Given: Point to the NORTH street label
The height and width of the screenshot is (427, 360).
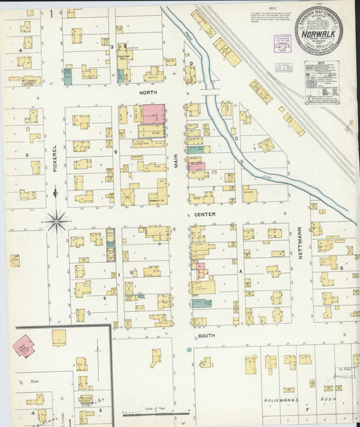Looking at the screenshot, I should pyautogui.click(x=149, y=94).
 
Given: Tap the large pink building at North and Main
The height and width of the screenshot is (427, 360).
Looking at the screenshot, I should pyautogui.click(x=153, y=114).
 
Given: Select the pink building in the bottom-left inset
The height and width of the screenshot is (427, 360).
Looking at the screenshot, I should pyautogui.click(x=24, y=345).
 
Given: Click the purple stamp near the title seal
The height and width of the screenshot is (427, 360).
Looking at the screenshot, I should pyautogui.click(x=282, y=41).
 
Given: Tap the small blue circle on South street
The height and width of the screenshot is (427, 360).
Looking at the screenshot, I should pyautogui.click(x=189, y=350).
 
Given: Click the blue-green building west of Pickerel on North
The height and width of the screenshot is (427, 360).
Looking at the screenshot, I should pyautogui.click(x=68, y=76).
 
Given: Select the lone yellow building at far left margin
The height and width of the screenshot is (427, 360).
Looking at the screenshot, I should pyautogui.click(x=14, y=260).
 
